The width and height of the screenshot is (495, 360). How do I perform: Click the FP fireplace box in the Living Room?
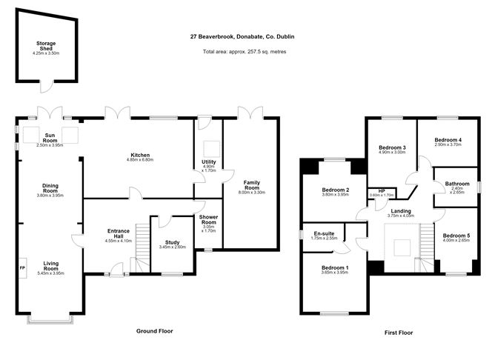[x=23, y=268]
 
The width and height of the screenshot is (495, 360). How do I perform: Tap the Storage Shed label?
[x=46, y=46]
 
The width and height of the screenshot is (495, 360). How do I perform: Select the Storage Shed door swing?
[x=47, y=87]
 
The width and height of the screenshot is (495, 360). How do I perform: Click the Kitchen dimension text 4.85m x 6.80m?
[x=140, y=160]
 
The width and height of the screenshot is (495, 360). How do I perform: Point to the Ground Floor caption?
[x=155, y=331]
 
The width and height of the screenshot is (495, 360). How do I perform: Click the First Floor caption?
[x=399, y=333]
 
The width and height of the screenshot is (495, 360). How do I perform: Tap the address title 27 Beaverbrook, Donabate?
[x=242, y=36]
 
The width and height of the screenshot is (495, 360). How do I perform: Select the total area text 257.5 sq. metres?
[x=245, y=52]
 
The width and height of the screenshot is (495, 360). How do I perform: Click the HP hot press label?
[x=382, y=191]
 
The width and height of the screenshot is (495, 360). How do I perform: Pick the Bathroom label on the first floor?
[x=457, y=184]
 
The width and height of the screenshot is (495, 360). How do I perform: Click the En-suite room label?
[x=324, y=233]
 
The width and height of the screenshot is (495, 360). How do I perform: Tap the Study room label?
[x=173, y=242]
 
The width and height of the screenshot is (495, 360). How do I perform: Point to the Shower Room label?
[x=208, y=219]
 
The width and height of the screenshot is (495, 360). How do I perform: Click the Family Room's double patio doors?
[x=250, y=113]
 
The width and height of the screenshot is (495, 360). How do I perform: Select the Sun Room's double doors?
[x=50, y=113]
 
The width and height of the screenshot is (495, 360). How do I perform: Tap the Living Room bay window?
[x=50, y=319]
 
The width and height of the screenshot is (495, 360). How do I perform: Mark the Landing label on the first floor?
[x=401, y=211]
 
